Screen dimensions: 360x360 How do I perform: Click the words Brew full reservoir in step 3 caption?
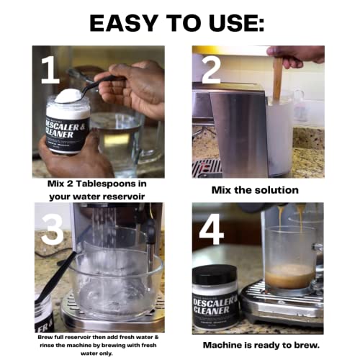coord(64,337)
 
